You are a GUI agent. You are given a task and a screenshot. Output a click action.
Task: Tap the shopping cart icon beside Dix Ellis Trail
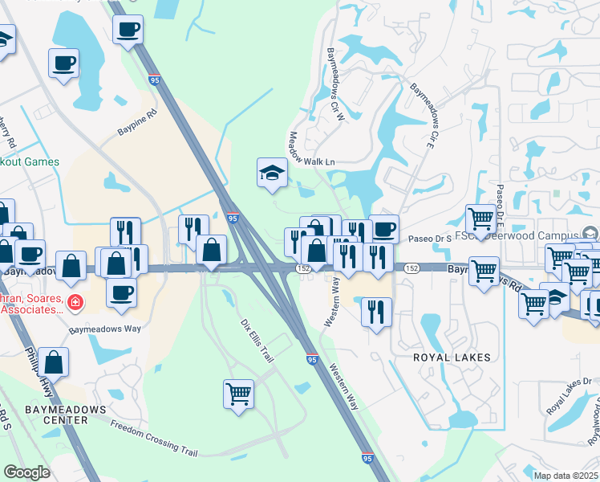[238, 394]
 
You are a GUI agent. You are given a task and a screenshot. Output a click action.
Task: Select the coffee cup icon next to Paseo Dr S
[383, 229]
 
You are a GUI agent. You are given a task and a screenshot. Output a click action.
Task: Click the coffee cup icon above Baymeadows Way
[121, 292]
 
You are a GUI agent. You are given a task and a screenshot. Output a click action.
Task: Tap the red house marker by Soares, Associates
[74, 303]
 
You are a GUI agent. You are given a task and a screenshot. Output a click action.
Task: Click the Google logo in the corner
[26, 472]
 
